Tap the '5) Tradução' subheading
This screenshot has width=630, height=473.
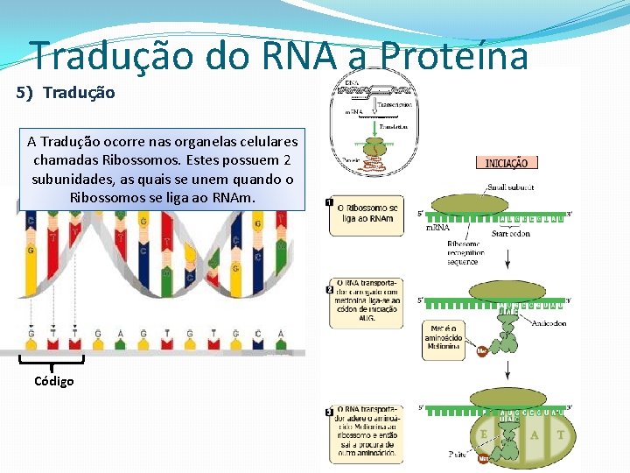66,92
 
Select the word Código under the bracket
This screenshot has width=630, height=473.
54,381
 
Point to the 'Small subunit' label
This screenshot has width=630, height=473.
511,187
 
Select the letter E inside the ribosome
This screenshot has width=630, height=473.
483,434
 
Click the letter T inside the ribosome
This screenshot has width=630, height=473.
560,434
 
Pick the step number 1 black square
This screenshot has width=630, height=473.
328,202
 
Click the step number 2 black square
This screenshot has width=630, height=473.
328,289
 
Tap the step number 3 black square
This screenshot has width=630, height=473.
328,412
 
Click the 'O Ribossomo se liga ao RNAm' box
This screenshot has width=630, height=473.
367,213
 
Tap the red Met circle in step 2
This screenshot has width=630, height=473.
481,351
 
